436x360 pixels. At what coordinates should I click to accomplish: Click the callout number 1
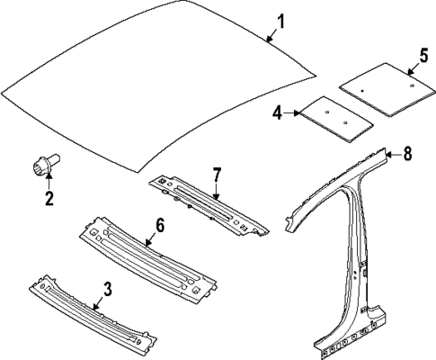click(x=280, y=19)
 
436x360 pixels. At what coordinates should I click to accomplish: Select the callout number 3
click(x=107, y=289)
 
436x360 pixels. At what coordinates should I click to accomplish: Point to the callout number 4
click(x=277, y=114)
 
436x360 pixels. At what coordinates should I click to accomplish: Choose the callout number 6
click(x=158, y=225)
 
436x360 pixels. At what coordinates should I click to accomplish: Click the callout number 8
click(x=407, y=154)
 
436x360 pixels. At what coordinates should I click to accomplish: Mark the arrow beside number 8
click(x=393, y=155)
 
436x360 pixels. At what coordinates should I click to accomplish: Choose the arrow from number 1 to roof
click(x=271, y=33)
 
